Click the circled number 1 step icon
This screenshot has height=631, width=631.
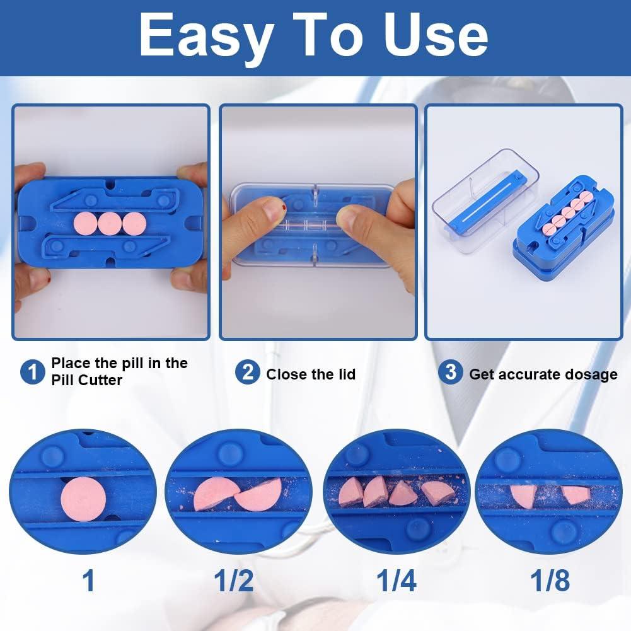point(32,372)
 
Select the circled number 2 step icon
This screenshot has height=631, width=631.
point(248,373)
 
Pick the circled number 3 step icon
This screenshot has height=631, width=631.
point(450,372)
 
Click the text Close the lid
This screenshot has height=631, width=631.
point(311,374)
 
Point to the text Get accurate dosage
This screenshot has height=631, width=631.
point(543,374)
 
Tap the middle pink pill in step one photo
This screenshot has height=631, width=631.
point(109,223)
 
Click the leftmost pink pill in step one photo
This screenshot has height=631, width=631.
point(84,223)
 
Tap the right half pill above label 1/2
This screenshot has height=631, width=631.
point(260,495)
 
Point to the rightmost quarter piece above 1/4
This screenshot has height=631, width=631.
point(437,492)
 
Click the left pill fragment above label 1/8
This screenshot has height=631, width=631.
point(523,495)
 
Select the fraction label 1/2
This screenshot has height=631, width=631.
point(234,579)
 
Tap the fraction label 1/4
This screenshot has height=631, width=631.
point(395,579)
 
